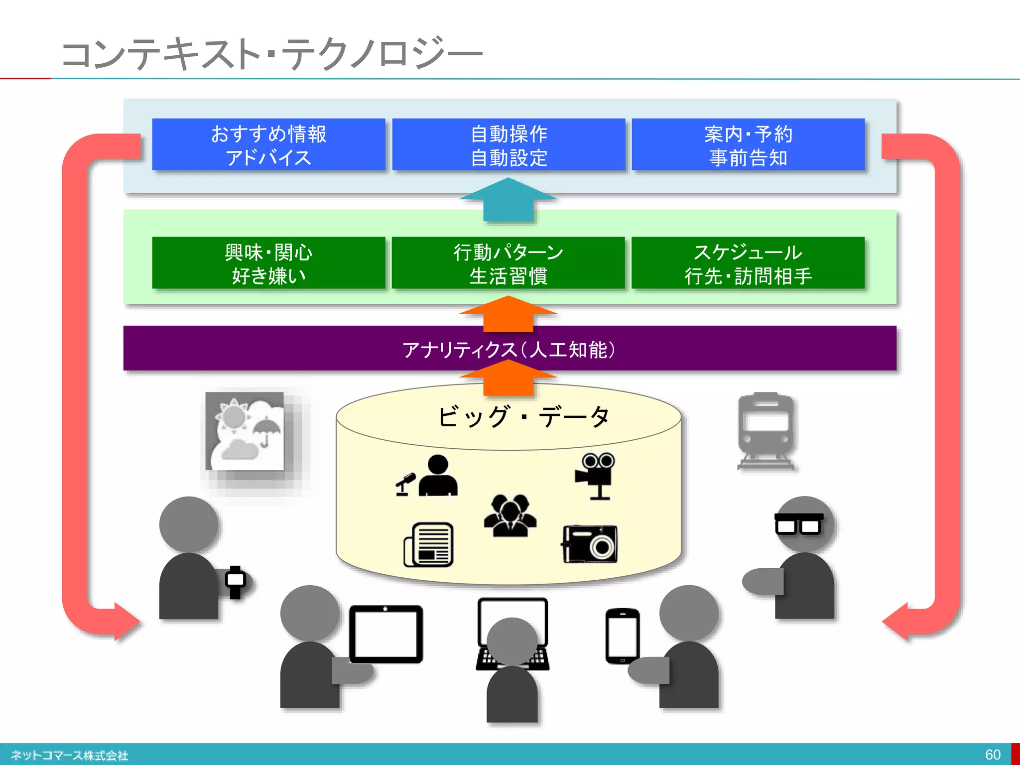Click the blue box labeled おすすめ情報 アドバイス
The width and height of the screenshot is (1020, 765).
click(x=268, y=145)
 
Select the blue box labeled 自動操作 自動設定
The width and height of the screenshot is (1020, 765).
click(x=509, y=145)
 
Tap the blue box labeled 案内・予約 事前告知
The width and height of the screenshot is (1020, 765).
click(x=748, y=145)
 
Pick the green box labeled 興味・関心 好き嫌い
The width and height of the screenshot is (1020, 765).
click(x=268, y=263)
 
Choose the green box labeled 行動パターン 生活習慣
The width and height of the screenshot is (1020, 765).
click(x=508, y=263)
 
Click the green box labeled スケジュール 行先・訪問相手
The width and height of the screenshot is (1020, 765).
click(x=748, y=263)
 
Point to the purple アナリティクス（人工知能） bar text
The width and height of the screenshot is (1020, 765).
click(x=509, y=350)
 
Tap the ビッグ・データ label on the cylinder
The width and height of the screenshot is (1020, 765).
click(x=523, y=416)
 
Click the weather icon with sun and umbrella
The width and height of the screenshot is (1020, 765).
click(x=245, y=431)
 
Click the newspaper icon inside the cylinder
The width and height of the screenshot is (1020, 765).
click(x=429, y=544)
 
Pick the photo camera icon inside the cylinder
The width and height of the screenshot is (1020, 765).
click(x=590, y=544)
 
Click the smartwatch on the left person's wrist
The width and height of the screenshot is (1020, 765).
click(x=236, y=581)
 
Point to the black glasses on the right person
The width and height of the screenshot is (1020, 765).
click(x=798, y=524)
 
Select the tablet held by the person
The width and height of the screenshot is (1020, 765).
click(x=386, y=634)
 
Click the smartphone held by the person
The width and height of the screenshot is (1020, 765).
click(x=623, y=636)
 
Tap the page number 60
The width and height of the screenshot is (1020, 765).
click(x=993, y=754)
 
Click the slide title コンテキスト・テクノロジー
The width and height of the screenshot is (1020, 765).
click(x=271, y=54)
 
